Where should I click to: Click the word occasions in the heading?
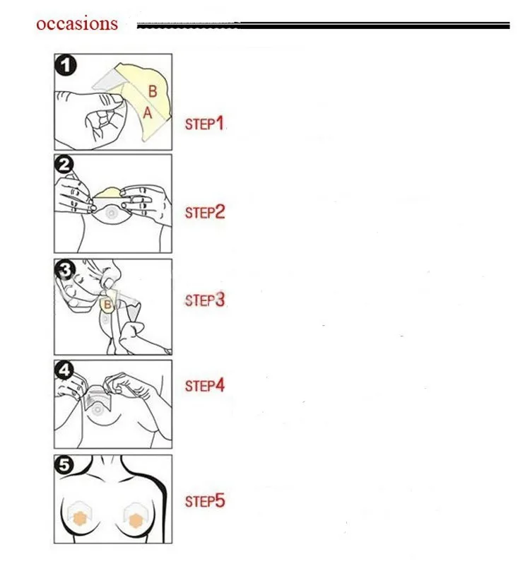pyautogui.click(x=77, y=24)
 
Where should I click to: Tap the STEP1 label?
pyautogui.click(x=205, y=124)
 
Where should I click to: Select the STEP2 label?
pyautogui.click(x=205, y=212)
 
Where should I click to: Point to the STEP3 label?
pyautogui.click(x=205, y=300)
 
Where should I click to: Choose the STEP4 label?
pyautogui.click(x=205, y=386)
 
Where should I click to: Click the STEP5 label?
pyautogui.click(x=205, y=501)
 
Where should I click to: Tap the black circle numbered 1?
pyautogui.click(x=66, y=66)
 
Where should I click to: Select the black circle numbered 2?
pyautogui.click(x=64, y=165)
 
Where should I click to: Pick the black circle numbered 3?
pyautogui.click(x=65, y=269)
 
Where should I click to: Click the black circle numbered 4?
pyautogui.click(x=64, y=370)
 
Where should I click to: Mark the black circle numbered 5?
pyautogui.click(x=64, y=465)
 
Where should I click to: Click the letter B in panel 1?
pyautogui.click(x=153, y=91)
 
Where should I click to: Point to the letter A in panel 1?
pyautogui.click(x=148, y=113)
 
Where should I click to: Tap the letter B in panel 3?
pyautogui.click(x=107, y=305)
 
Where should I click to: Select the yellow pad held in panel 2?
pyautogui.click(x=111, y=192)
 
